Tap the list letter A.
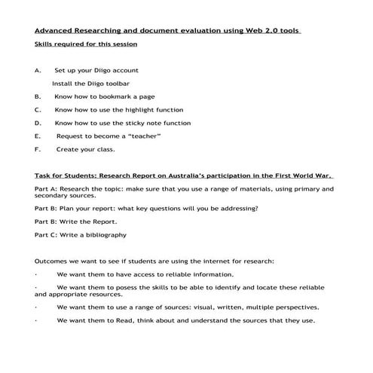click(38, 70)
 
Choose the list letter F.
click(38, 149)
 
